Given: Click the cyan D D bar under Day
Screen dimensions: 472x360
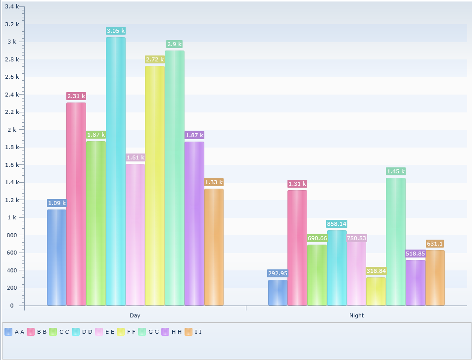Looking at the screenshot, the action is click(116, 171).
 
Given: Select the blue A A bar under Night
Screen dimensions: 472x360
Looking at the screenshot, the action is click(278, 293).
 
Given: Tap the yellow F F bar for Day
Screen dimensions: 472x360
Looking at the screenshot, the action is click(155, 186).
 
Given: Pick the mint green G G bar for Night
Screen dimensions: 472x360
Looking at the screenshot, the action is click(395, 242).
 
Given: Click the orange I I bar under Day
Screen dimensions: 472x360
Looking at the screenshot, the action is click(214, 247).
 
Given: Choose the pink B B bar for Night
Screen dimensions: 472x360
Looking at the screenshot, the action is click(297, 248).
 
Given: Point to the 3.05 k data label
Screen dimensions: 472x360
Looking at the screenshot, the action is click(116, 31).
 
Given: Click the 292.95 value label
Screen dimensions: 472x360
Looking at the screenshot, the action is click(278, 273).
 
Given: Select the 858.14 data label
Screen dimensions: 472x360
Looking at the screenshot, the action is click(336, 224).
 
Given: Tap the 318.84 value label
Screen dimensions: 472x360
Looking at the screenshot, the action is click(376, 271).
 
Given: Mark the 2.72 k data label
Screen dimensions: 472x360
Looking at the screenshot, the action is click(155, 59).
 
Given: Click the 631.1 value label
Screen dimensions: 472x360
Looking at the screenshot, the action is click(435, 244).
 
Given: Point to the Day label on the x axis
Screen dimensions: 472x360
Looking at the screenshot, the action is click(135, 315).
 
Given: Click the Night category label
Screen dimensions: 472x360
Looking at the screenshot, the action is click(356, 315).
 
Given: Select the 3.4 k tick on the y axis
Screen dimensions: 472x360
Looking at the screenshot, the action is click(12, 6).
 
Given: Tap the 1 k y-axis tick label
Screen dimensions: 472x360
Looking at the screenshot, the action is click(12, 217).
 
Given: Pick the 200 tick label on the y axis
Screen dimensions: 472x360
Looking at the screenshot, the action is click(12, 288).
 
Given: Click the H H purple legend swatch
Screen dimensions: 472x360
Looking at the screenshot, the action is click(165, 332).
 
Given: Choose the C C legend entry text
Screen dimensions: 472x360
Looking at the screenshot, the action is click(64, 332).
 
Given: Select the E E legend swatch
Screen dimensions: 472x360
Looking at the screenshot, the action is click(99, 332).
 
